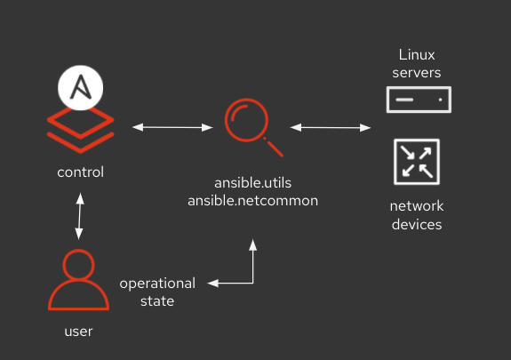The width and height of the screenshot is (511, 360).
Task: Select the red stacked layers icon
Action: pos(81,128)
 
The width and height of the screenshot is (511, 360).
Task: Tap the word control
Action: pos(80,172)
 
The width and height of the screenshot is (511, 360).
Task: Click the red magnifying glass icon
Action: pos(252,127)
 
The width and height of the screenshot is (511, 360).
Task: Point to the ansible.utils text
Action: pos(252,184)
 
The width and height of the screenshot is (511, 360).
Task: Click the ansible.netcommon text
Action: pos(252,201)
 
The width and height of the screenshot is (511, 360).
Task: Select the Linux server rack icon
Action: pos(419,100)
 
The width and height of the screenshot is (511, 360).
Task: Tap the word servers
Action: pos(419,72)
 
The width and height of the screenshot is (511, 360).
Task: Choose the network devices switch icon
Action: pos(416,160)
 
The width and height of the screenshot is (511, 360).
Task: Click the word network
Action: pos(416,206)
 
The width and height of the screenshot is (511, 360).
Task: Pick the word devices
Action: pos(416,224)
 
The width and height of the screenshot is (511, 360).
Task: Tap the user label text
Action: pos(79,332)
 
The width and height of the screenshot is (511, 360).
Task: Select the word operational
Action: pos(157,284)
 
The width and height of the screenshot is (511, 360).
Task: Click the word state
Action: pos(156,301)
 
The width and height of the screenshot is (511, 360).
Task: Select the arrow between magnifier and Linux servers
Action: pos(331,128)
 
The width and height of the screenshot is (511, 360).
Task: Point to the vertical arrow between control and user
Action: pos(80,218)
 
